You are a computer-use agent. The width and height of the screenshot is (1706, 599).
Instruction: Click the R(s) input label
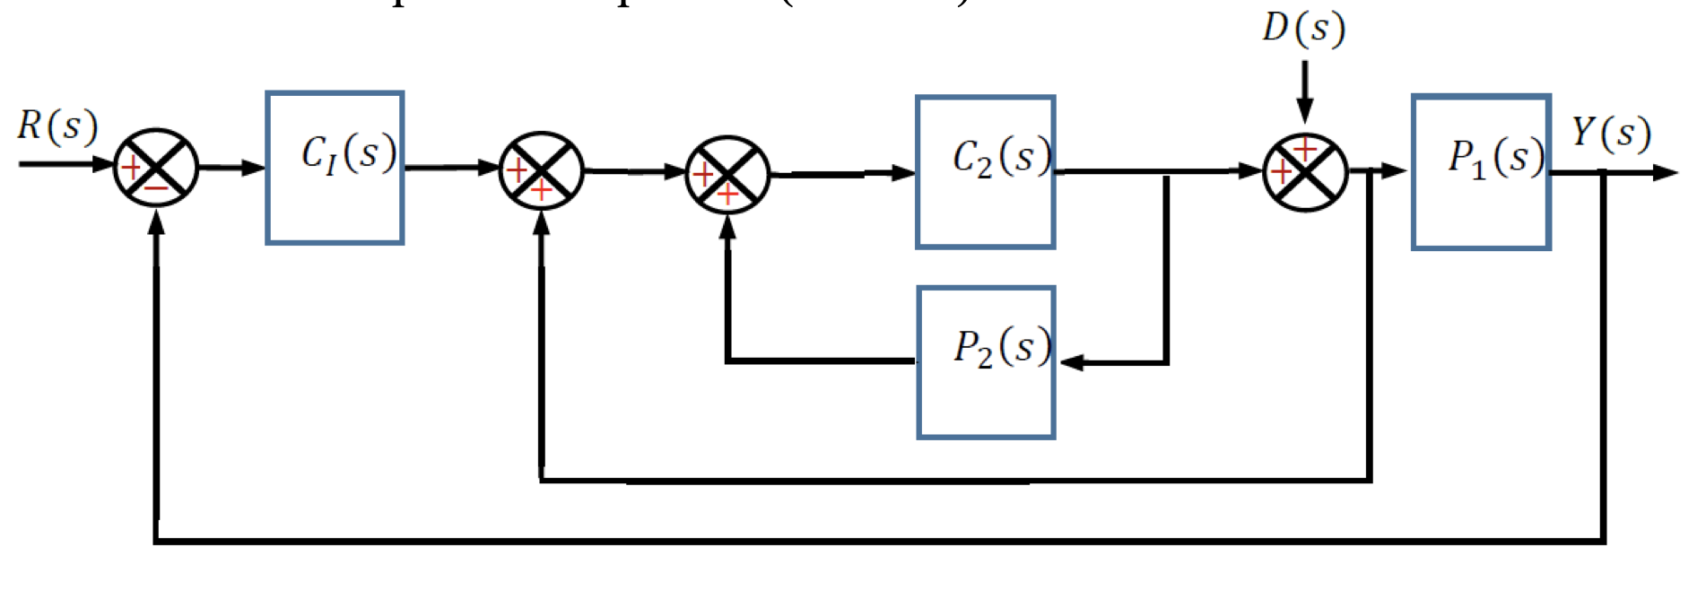click(x=57, y=126)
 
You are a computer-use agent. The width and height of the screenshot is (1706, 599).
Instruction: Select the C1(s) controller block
click(x=335, y=168)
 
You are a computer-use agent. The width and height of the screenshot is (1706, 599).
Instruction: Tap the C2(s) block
click(x=985, y=171)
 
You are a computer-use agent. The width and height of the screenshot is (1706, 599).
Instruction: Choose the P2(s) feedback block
click(x=985, y=362)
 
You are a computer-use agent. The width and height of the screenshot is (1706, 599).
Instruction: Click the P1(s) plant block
click(x=1481, y=171)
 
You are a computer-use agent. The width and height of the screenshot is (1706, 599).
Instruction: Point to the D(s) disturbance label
click(x=1303, y=29)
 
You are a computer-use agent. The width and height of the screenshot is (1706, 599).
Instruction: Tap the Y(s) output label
click(x=1611, y=133)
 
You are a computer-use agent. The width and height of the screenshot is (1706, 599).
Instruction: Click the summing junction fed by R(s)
click(x=156, y=168)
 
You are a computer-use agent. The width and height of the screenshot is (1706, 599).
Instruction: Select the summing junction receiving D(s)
click(x=1305, y=171)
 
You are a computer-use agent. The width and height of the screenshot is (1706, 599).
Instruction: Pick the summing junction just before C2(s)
click(x=727, y=174)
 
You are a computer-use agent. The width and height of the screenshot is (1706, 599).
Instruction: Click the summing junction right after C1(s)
click(x=542, y=170)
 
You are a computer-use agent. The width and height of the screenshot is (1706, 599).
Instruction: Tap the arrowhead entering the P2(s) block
click(x=1070, y=362)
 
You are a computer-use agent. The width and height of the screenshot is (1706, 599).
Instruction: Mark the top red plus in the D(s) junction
click(x=1305, y=148)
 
